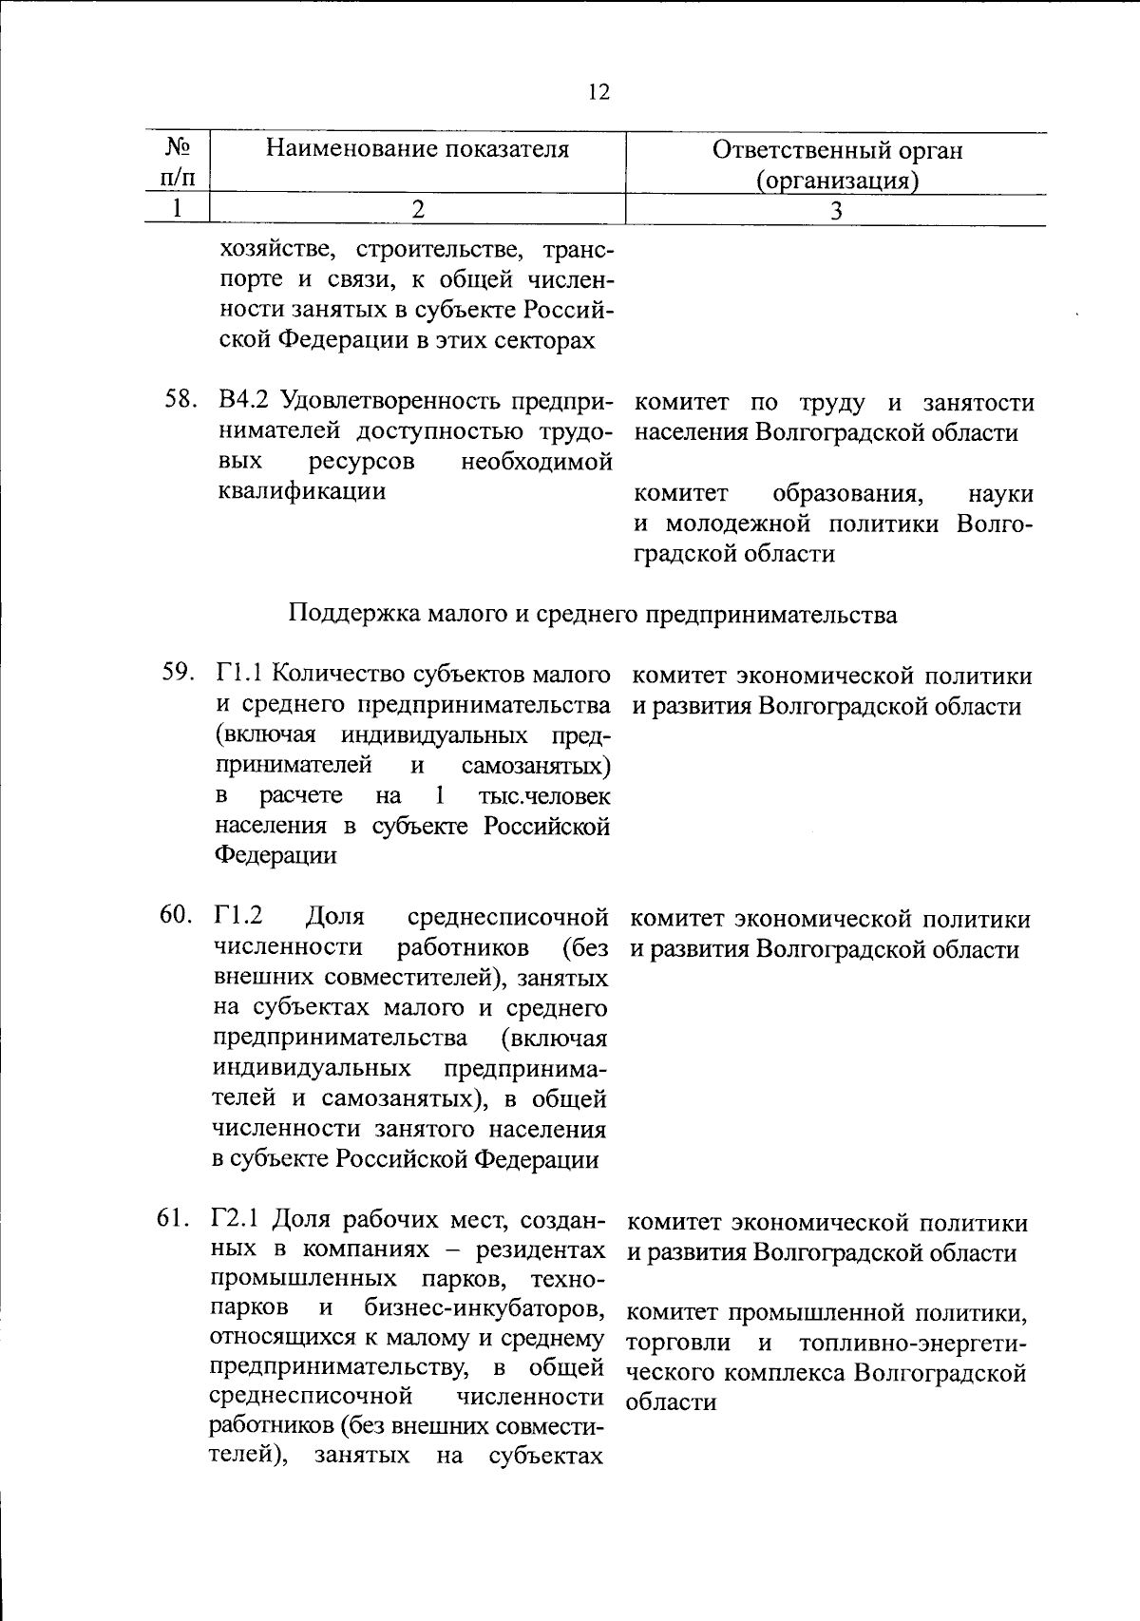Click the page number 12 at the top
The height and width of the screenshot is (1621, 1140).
pyautogui.click(x=598, y=92)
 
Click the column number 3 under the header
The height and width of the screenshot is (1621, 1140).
pyautogui.click(x=836, y=211)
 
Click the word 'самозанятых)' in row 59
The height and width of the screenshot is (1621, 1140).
pyautogui.click(x=536, y=765)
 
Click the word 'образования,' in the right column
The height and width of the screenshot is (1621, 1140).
pyautogui.click(x=849, y=494)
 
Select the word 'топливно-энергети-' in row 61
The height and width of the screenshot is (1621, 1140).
pyautogui.click(x=912, y=1344)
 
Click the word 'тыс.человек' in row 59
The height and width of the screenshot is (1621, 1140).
pyautogui.click(x=544, y=795)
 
